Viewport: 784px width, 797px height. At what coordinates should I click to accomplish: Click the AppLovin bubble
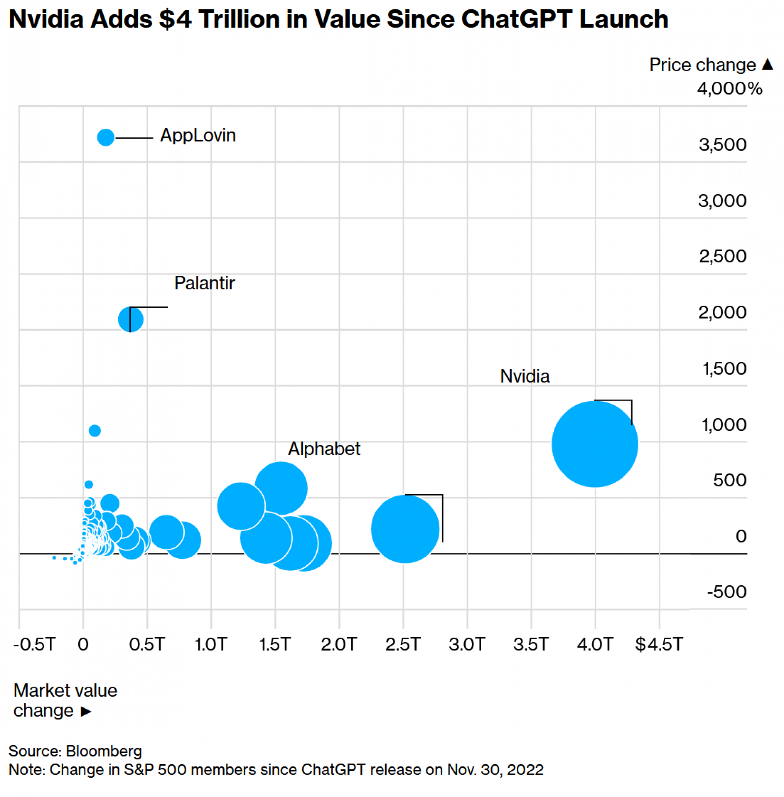106,137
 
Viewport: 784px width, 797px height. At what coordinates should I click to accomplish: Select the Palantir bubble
131,319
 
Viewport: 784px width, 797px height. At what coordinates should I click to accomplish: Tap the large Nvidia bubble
595,444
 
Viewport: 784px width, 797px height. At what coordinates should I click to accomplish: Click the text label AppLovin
198,135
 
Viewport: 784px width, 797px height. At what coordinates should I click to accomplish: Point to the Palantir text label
204,283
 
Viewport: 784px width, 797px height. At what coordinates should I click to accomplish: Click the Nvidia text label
525,377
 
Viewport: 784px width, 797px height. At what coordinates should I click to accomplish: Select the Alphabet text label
323,449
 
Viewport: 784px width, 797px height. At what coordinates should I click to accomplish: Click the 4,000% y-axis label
729,89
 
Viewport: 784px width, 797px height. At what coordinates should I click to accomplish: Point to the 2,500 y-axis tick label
722,257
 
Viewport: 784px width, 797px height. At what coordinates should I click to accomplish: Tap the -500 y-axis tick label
726,592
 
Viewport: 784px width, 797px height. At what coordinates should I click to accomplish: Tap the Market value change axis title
65,700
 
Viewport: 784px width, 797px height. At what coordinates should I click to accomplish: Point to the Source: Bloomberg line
75,751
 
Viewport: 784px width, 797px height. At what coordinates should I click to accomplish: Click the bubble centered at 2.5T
405,528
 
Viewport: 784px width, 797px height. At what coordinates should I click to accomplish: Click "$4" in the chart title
175,20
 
